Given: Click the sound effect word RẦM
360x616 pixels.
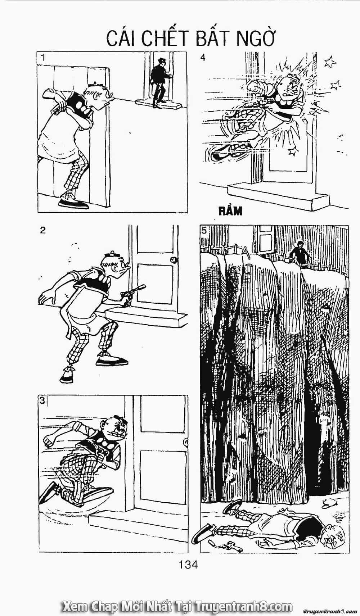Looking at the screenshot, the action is [230, 211].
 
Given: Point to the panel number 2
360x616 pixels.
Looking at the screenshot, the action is [43, 230].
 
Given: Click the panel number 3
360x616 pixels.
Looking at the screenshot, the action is [42, 401].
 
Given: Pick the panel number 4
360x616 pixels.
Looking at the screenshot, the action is [203, 58].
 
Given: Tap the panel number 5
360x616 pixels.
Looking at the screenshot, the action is [204, 230].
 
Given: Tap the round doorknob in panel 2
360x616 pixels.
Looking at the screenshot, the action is [174, 259].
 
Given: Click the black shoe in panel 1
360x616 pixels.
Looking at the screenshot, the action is [73, 204].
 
